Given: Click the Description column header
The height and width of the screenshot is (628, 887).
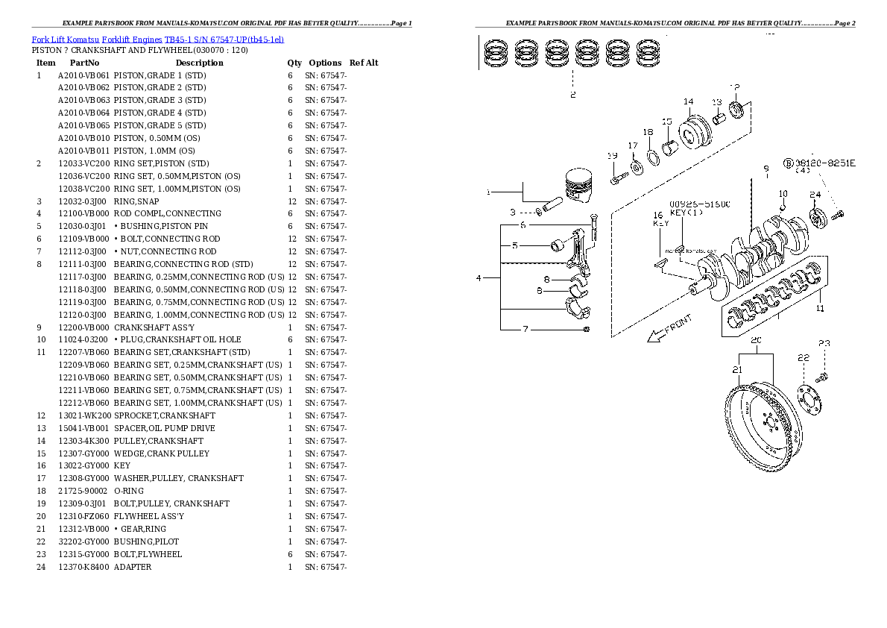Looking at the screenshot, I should (199, 63).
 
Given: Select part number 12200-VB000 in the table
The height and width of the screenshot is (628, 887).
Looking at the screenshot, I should (83, 327).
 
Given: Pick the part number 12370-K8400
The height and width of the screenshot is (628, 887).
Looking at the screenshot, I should (83, 567).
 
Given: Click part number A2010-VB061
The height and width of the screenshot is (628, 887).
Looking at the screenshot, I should (83, 75).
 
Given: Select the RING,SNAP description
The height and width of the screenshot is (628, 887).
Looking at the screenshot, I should (136, 201).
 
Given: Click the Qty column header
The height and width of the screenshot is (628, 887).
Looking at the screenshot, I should (295, 63).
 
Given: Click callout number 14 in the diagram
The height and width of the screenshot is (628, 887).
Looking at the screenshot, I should (688, 101).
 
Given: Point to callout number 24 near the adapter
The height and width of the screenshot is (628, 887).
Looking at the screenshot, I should (815, 195).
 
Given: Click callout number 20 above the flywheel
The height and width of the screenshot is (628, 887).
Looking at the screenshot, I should (756, 341).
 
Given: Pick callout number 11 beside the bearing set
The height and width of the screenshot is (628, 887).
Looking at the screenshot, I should (820, 308).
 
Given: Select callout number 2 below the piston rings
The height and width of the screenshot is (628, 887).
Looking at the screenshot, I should (572, 95).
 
